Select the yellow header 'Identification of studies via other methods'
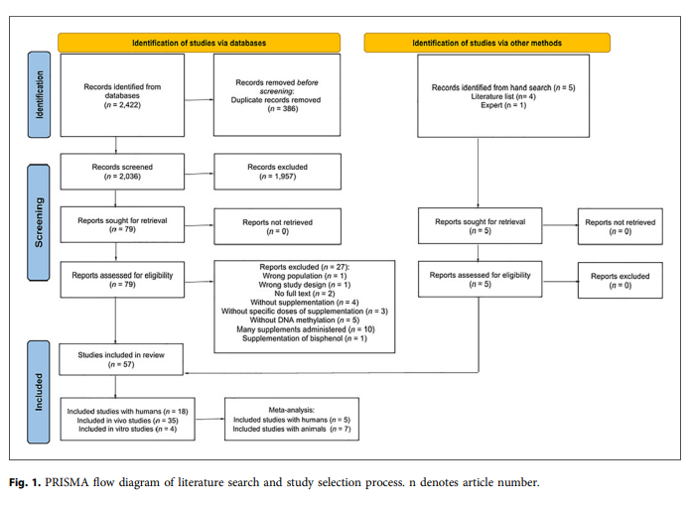tap(486, 43)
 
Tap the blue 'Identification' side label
tap(40, 95)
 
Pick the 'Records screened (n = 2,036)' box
tap(122, 173)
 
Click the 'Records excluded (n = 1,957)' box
tap(277, 173)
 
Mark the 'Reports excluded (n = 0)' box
tap(620, 280)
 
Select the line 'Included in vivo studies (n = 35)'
tap(122, 419)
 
